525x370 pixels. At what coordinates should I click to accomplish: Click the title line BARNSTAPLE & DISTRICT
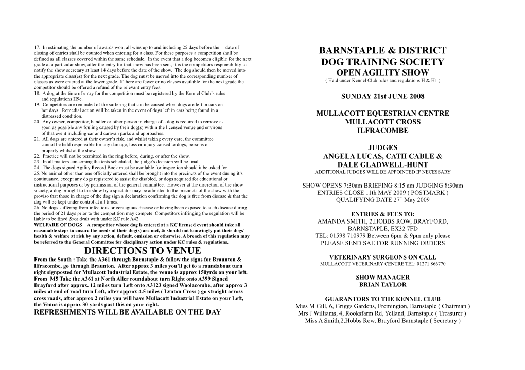382,51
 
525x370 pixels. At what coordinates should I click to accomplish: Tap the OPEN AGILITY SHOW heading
382,72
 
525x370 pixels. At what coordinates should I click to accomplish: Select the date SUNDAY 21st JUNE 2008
382,96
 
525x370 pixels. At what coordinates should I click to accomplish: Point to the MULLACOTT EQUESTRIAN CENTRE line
382,113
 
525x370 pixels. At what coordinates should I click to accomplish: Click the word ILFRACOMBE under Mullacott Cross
382,131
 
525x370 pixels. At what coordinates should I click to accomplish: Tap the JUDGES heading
382,148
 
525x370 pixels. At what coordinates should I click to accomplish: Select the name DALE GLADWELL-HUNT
382,164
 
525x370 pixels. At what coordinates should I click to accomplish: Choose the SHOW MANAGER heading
382,277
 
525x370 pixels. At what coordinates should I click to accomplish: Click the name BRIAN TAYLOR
382,285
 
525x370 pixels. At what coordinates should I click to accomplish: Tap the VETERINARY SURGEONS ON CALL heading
382,257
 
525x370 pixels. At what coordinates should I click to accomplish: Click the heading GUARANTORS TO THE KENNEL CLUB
382,299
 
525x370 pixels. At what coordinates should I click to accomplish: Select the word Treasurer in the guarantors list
446,313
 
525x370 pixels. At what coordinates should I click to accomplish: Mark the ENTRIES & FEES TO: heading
382,214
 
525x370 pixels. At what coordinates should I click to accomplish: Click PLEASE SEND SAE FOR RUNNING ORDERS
382,243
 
